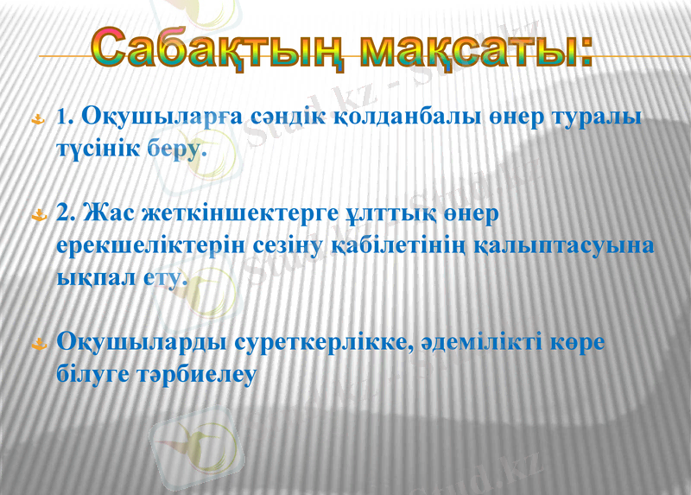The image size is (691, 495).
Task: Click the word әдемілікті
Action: click(x=479, y=342)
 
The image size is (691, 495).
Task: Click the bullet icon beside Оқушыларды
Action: click(x=38, y=344)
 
